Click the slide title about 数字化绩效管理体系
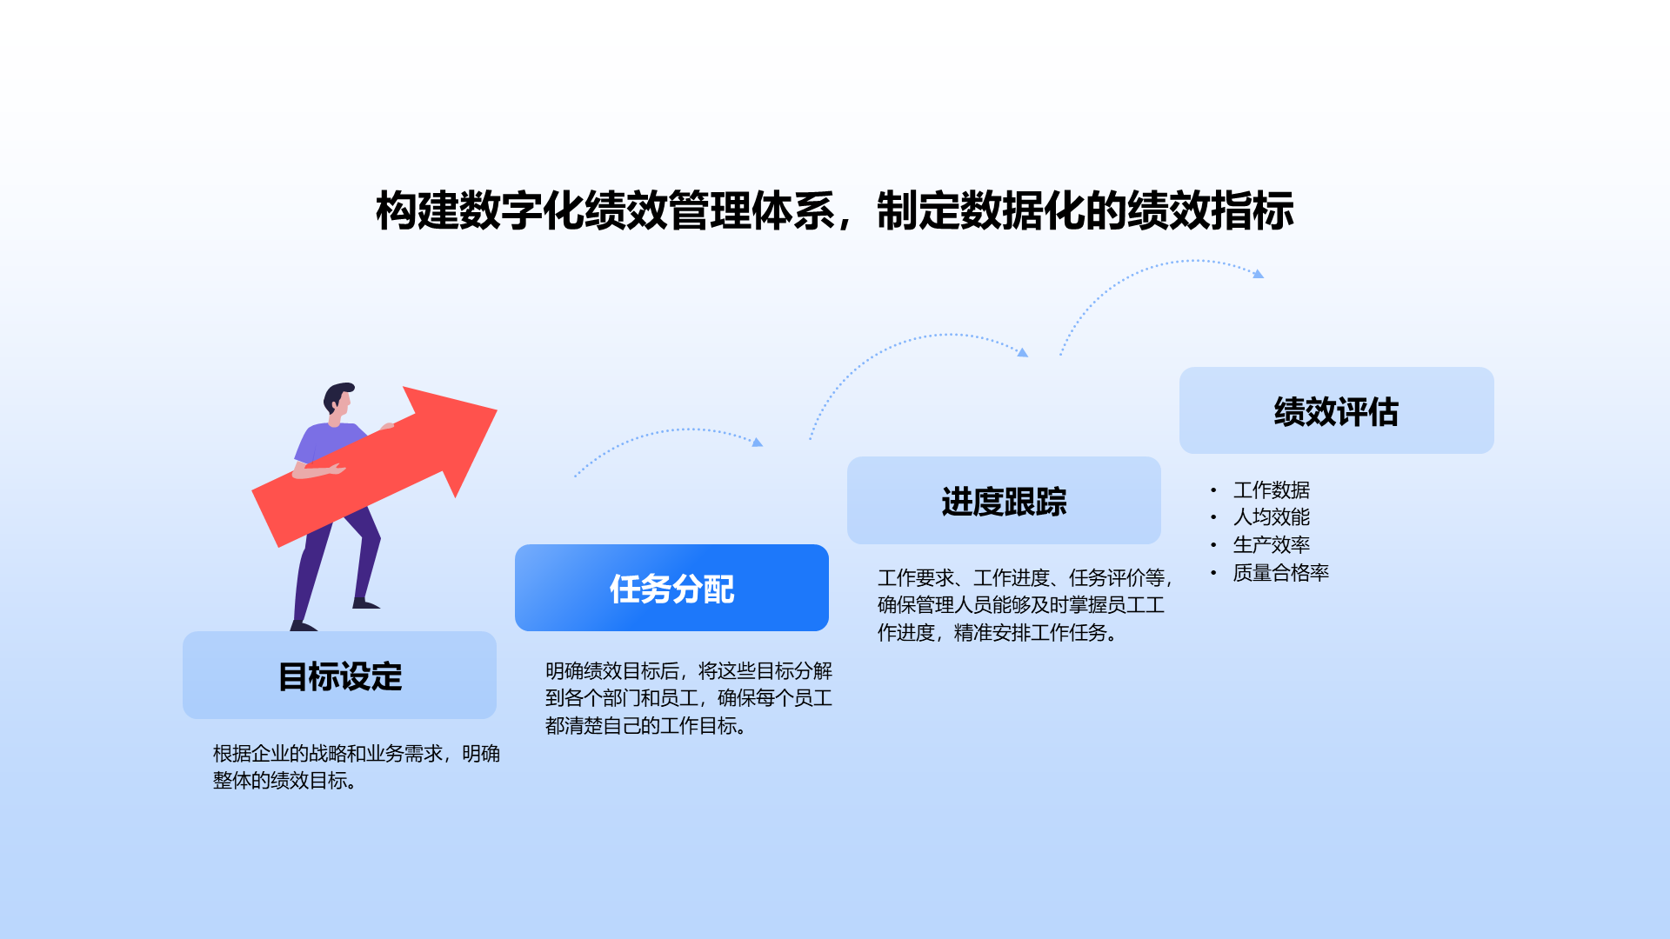point(834,211)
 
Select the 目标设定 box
point(339,676)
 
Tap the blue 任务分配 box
point(671,589)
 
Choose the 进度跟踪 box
point(1004,502)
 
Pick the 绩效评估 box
point(1336,411)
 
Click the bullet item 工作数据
point(1271,490)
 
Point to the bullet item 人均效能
point(1271,517)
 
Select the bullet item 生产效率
point(1271,545)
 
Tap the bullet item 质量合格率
point(1280,573)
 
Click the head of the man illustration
point(338,398)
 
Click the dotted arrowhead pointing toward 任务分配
point(758,443)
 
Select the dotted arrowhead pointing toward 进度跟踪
point(1023,352)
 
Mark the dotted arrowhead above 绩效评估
point(1258,274)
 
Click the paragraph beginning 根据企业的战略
point(356,767)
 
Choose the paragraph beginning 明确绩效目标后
point(688,698)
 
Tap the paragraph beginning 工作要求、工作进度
point(1025,605)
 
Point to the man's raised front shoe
point(366,603)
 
